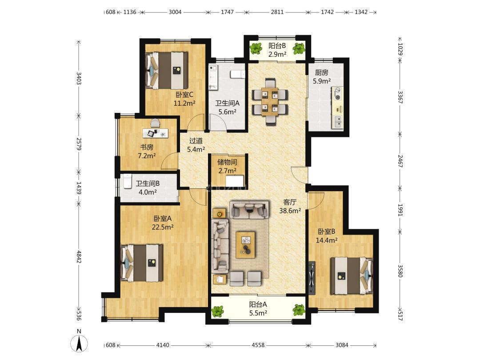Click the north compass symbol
pyautogui.click(x=79, y=341)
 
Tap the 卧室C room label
pyautogui.click(x=184, y=95)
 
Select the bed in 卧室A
pyautogui.click(x=142, y=263)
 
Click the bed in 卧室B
pyautogui.click(x=352, y=276)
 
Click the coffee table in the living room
pyautogui.click(x=245, y=245)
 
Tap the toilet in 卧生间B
pyautogui.click(x=127, y=181)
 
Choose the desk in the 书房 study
pyautogui.click(x=156, y=133)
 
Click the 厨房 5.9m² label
pyautogui.click(x=321, y=77)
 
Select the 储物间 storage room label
pyautogui.click(x=227, y=162)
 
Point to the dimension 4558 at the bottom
pyautogui.click(x=258, y=345)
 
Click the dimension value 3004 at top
pyautogui.click(x=175, y=12)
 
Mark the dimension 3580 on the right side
pyautogui.click(x=400, y=271)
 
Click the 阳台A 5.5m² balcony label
pyautogui.click(x=258, y=308)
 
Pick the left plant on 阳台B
pyautogui.click(x=256, y=48)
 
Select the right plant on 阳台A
pyautogui.click(x=299, y=310)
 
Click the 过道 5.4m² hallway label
pyautogui.click(x=196, y=145)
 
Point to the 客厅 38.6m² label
pyautogui.click(x=290, y=206)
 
